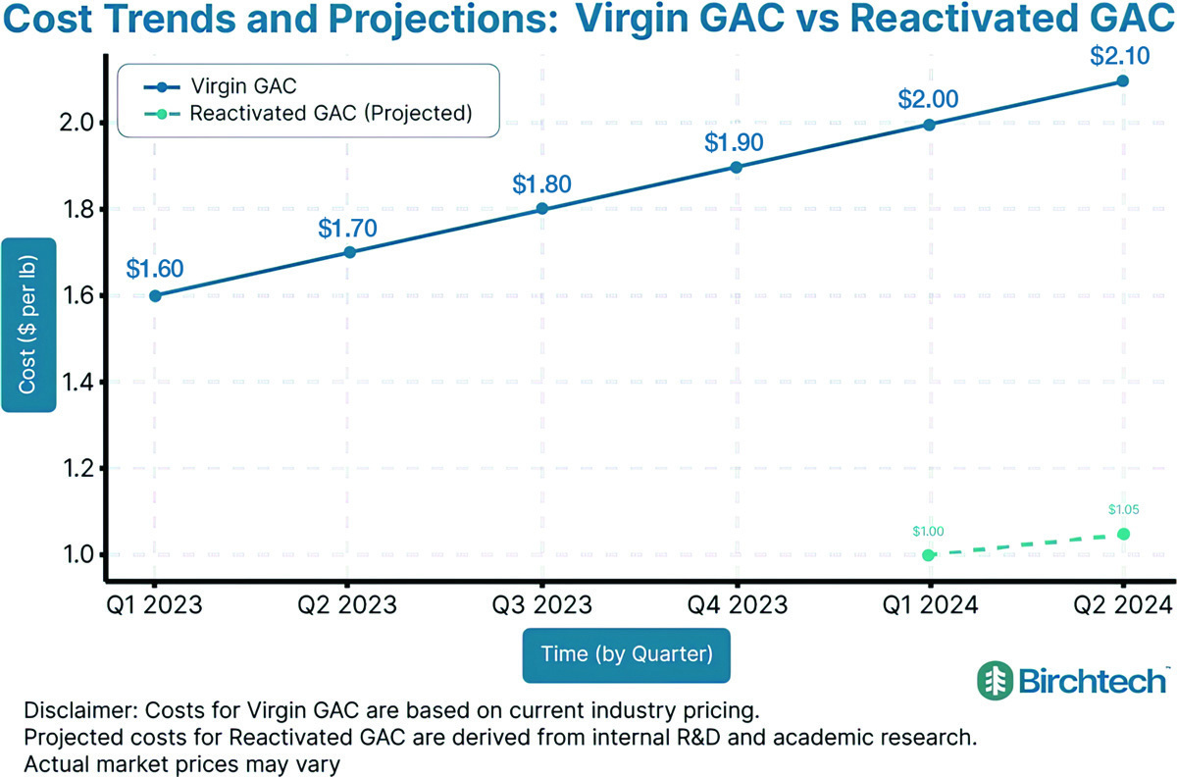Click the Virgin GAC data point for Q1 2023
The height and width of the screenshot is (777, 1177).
click(155, 295)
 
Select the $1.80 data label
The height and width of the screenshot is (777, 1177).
click(541, 183)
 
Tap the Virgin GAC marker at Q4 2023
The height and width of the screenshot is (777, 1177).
click(736, 167)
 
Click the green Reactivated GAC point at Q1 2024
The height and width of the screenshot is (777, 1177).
click(929, 555)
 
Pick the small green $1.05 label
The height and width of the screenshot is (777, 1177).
click(1124, 509)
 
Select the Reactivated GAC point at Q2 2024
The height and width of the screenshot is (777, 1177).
click(1123, 534)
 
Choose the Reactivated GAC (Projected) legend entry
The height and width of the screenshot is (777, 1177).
click(331, 113)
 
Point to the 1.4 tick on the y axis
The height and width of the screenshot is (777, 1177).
click(78, 382)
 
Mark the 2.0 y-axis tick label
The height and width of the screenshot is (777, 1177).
click(78, 124)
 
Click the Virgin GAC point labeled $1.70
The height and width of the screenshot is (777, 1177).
click(348, 252)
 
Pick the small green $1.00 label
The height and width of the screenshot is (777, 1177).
click(928, 531)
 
